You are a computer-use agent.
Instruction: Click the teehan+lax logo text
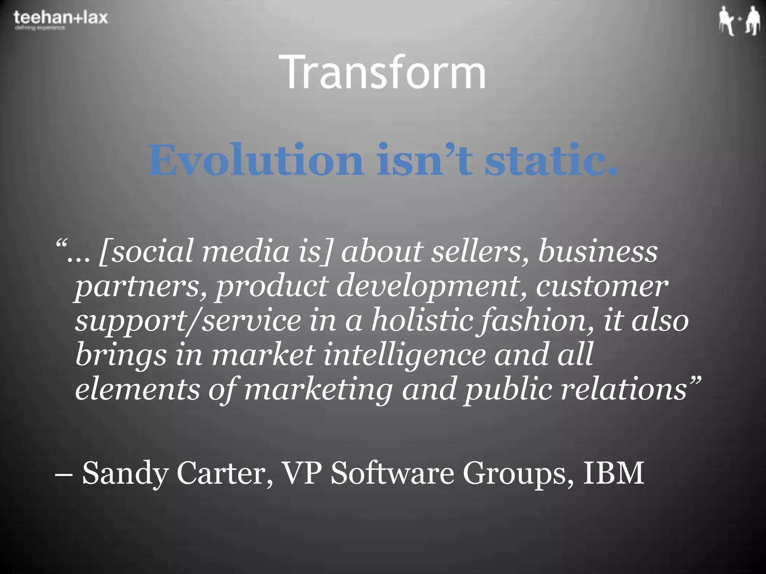[x=61, y=18]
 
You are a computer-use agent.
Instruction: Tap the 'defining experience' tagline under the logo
[x=40, y=28]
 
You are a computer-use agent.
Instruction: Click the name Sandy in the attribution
[x=125, y=474]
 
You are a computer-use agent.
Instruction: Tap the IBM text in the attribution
[x=613, y=473]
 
